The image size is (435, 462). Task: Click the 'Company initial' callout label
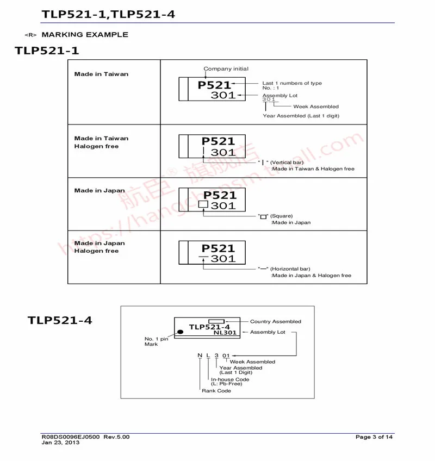[x=226, y=69]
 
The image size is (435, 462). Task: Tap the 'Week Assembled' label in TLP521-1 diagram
[x=315, y=107]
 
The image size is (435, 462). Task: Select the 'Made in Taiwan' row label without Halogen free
[x=101, y=74]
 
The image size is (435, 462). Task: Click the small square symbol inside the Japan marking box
[x=203, y=205]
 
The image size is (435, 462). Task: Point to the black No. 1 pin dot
[x=179, y=329]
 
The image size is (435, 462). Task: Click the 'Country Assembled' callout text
[x=275, y=322]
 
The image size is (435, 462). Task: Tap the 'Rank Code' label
[x=216, y=391]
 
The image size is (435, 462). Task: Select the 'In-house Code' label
[x=230, y=379]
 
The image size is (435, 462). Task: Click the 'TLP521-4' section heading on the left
[x=60, y=320]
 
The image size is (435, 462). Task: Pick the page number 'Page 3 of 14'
[x=374, y=437]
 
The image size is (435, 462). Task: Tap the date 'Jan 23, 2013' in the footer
[x=60, y=442]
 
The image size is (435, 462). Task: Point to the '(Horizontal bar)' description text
[x=291, y=269]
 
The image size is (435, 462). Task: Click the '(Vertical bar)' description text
[x=287, y=163]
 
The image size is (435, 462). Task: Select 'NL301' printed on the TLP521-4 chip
[x=225, y=333]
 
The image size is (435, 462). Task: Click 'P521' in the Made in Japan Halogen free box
[x=219, y=248]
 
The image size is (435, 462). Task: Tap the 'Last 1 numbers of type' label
[x=292, y=83]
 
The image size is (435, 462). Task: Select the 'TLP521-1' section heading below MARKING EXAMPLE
[x=47, y=51]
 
